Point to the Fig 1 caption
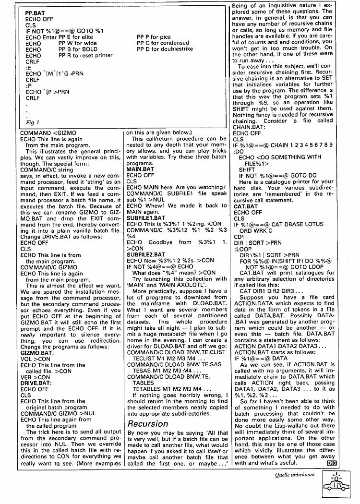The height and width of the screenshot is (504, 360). [x=32, y=122]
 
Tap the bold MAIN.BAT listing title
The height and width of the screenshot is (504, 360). [x=140, y=169]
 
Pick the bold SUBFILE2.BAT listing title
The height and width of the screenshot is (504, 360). [x=145, y=254]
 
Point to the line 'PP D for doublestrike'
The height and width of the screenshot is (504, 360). [x=165, y=49]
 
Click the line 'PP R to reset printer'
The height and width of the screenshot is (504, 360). [x=85, y=55]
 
